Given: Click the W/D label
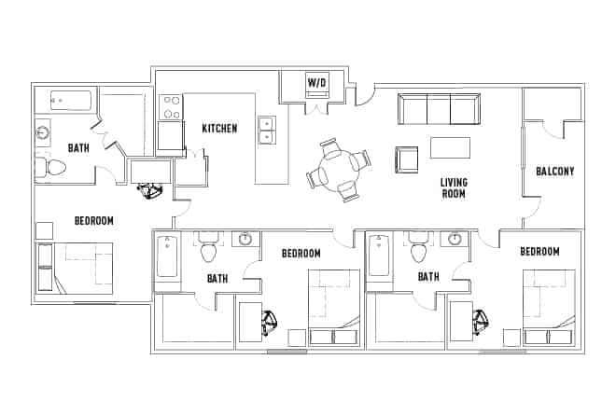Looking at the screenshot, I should (x=317, y=84).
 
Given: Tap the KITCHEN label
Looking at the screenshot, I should (x=219, y=128).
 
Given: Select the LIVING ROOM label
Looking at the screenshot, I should (x=454, y=187).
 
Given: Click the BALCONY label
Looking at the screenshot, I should (x=554, y=172).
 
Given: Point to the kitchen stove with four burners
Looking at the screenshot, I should (x=171, y=107).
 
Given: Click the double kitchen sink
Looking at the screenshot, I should (x=266, y=130).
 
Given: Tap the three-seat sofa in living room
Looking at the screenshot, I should (x=438, y=109).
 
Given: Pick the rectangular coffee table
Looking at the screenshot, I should (x=449, y=147).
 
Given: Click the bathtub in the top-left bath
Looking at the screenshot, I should (x=66, y=101).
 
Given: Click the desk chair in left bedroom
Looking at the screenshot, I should (x=149, y=189).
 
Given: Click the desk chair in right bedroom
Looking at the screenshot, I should (x=481, y=323).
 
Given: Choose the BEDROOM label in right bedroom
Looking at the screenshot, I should (x=539, y=252).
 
